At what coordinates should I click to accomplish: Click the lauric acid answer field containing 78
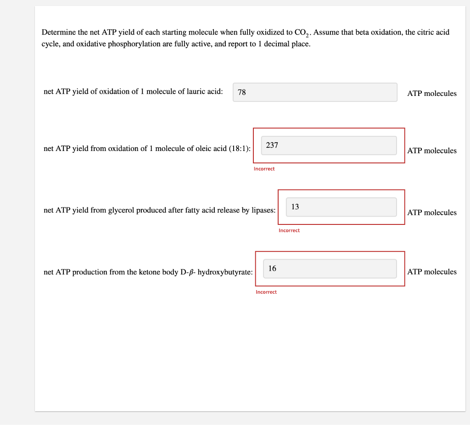pos(315,92)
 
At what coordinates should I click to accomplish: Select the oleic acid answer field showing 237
pos(329,145)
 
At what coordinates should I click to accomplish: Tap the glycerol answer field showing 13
pos(341,207)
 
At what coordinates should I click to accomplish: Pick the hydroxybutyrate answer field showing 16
pos(330,268)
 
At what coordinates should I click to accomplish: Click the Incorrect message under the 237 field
pos(264,169)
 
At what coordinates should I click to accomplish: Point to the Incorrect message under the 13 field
pos(289,230)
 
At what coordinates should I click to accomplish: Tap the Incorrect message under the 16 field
pos(266,292)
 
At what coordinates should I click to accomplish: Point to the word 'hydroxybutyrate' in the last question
pos(224,272)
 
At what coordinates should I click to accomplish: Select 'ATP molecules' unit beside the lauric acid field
pos(432,94)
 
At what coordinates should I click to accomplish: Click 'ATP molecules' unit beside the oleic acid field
pos(432,151)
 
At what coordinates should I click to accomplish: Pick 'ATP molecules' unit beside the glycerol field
pos(432,212)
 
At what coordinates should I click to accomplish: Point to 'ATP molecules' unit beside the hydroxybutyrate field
pos(432,272)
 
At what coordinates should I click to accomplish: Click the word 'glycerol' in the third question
pos(121,210)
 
